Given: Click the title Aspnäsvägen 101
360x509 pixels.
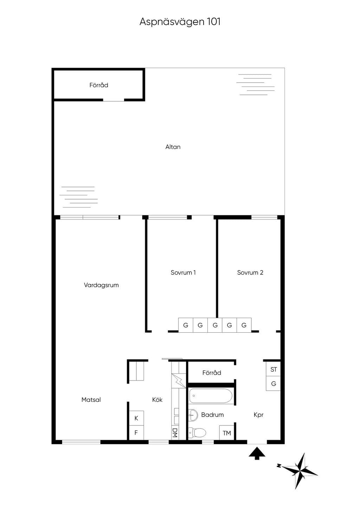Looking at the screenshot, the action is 180,22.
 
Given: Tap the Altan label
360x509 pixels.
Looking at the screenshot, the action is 173,147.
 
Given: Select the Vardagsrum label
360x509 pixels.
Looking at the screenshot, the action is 101,285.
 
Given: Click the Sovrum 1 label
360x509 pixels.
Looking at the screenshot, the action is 183,273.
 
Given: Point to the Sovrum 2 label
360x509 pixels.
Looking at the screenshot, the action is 250,273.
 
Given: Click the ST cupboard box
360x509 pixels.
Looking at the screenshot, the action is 274,370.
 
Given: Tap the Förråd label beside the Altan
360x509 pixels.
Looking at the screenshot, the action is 99,85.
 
